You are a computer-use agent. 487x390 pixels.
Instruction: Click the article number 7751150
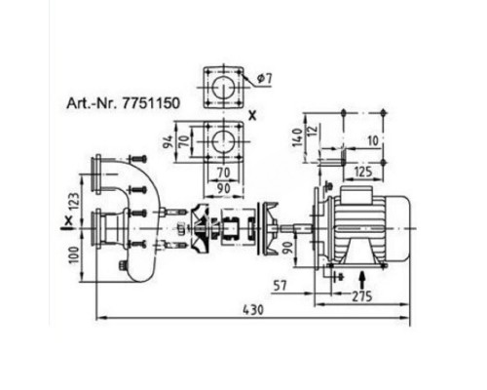point(151,103)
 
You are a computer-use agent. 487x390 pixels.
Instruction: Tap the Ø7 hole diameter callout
point(265,79)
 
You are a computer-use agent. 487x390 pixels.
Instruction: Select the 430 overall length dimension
point(253,310)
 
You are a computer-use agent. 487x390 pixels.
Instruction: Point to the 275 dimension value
point(361,296)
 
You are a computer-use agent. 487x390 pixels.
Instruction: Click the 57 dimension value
point(281,286)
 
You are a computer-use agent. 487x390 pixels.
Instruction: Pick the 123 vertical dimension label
point(75,202)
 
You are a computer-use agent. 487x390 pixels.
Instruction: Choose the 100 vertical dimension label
point(75,255)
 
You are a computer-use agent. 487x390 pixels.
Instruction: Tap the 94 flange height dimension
point(168,141)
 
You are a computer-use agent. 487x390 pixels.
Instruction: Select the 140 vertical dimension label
point(297,137)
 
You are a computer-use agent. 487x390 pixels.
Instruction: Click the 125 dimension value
point(362,172)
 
